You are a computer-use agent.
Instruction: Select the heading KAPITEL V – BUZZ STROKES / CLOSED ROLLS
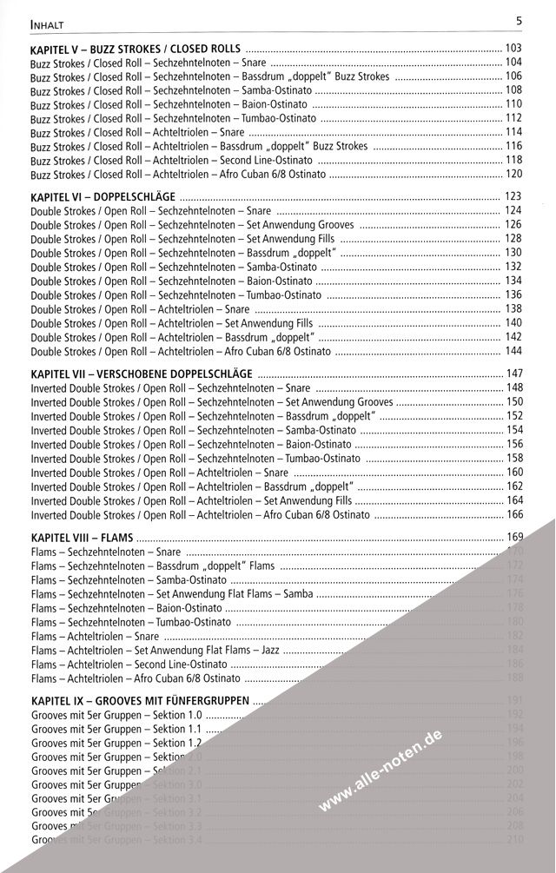[136, 48]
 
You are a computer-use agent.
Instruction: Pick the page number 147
[514, 374]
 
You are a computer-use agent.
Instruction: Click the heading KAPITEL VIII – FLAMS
[81, 537]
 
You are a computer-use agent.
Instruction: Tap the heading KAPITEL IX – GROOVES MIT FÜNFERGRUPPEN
[141, 700]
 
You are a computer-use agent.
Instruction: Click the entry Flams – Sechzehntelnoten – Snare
[105, 552]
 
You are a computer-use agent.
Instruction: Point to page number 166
[514, 515]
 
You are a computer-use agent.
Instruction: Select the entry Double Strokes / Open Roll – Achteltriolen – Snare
[140, 309]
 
